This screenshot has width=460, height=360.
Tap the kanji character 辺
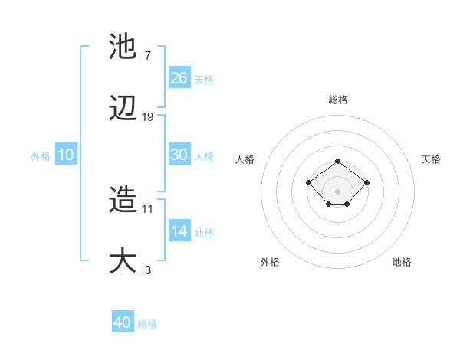coord(123,110)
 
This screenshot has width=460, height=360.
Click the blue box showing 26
coord(179,77)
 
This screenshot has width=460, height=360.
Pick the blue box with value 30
coord(179,155)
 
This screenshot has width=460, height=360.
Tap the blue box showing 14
coord(179,231)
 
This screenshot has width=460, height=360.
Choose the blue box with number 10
coord(66,155)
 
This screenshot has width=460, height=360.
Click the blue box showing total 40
coord(123,322)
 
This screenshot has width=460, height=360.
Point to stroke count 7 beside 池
coord(147,55)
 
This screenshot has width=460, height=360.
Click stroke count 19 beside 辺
coord(148,117)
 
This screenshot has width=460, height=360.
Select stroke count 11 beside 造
coord(148,208)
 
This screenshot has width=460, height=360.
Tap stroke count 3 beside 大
coord(147,270)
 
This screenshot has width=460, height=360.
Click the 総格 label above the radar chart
coord(338,100)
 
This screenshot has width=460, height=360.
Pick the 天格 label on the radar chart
coord(431,159)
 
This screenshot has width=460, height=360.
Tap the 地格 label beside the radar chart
coord(402,262)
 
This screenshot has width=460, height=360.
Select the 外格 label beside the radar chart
coord(270,262)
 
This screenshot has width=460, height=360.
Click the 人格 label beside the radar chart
coord(245,159)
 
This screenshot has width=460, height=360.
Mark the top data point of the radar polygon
coord(338,161)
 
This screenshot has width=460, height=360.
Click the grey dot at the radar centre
coord(338,191)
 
